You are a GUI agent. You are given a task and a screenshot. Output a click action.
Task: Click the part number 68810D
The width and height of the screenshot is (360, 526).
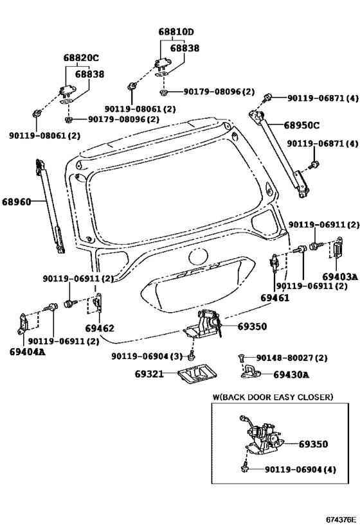tap(176, 32)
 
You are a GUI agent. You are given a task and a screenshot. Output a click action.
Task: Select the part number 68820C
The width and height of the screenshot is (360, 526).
tap(81, 58)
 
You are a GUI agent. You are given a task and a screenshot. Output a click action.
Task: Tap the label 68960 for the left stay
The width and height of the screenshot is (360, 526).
tap(17, 202)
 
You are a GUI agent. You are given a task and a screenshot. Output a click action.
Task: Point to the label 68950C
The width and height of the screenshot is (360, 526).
tap(301, 125)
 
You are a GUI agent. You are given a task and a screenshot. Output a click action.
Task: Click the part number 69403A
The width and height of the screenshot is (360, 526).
tap(340, 277)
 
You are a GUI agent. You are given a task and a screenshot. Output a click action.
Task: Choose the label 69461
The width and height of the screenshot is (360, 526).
tap(274, 297)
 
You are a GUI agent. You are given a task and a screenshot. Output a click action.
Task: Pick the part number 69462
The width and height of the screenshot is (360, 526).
tap(100, 328)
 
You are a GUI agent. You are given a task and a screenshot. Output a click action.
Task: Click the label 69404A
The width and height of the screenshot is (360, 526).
tap(27, 351)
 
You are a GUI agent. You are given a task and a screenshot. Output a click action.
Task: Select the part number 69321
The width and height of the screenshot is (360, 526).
tap(149, 374)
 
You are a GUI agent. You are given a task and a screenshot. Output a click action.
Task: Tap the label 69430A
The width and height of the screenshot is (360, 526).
tap(291, 374)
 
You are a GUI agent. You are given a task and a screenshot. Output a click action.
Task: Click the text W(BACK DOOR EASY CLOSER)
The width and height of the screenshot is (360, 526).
tap(273, 397)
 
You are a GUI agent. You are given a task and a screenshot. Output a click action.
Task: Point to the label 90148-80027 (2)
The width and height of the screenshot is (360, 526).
tap(291, 358)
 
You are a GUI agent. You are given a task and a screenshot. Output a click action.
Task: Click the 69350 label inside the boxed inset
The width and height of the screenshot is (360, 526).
tap(313, 444)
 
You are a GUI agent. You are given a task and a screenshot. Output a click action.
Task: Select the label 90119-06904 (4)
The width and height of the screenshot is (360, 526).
tap(300, 469)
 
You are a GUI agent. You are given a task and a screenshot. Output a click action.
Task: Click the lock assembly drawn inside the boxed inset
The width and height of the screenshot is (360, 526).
tap(264, 437)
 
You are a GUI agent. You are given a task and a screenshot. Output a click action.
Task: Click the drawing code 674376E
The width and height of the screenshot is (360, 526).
tap(340, 520)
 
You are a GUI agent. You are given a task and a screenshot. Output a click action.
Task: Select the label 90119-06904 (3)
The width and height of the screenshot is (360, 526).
tap(147, 356)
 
